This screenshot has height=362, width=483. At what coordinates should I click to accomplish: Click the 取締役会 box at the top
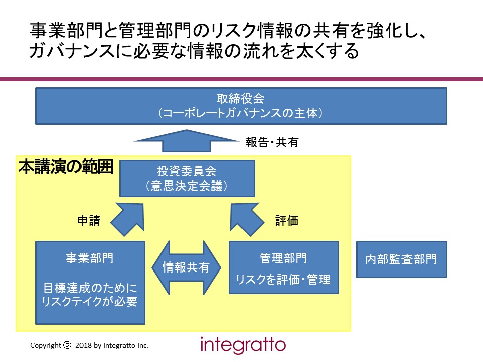click(241, 106)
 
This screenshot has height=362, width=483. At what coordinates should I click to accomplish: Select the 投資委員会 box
click(187, 178)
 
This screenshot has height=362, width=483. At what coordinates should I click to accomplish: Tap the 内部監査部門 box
click(401, 259)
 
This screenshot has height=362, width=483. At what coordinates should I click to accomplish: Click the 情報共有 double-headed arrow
click(186, 267)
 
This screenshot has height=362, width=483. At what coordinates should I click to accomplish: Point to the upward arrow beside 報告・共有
click(187, 141)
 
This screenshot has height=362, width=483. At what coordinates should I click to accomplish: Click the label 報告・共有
click(272, 142)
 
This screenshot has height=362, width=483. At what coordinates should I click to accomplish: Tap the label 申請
click(89, 220)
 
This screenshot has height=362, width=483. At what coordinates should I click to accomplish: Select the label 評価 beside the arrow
click(286, 220)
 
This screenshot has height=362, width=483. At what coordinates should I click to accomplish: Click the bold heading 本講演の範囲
click(65, 167)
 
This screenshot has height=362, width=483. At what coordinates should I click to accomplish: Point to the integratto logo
click(243, 345)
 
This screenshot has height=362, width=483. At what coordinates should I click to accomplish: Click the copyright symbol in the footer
click(67, 345)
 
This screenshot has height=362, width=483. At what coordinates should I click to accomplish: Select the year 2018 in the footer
click(84, 345)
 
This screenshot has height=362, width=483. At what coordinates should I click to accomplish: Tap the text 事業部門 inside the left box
click(90, 258)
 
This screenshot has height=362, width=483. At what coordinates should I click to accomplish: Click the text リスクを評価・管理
click(283, 279)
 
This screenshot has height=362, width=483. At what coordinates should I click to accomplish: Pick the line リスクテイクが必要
click(90, 301)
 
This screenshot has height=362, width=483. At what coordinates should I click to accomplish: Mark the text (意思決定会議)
click(187, 186)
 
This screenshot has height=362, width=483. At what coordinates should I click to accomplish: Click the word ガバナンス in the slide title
click(72, 51)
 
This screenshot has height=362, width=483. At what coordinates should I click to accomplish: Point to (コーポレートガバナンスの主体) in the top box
click(240, 113)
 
